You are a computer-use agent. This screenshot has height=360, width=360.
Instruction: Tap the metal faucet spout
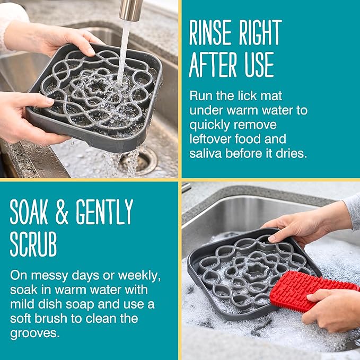point(130,10)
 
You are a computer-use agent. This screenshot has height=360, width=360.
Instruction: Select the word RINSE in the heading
point(210,32)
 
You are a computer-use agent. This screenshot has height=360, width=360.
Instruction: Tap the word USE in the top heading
point(259,65)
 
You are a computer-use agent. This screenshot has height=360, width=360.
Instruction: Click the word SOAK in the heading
point(29,212)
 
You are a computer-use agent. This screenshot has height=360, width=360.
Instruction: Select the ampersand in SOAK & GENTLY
point(62,212)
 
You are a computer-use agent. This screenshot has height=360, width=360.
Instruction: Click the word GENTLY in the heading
point(104,212)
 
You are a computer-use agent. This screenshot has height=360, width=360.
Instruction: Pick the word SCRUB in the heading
point(33,244)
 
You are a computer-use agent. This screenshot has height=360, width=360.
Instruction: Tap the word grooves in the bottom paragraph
point(34,333)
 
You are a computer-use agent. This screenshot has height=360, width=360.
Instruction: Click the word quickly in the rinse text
point(209,125)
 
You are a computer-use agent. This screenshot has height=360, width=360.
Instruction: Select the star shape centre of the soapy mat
point(256,273)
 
